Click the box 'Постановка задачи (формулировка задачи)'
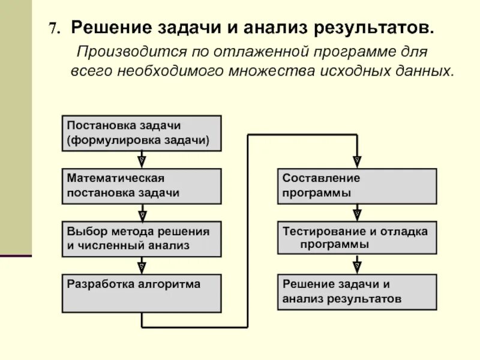coord(142,133)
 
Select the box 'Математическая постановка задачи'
coord(142,186)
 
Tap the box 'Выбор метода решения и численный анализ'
coord(142,239)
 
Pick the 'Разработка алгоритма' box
coord(142,293)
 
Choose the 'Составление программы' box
coord(357,186)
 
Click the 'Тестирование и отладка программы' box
coord(357,239)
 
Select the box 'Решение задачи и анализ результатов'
coord(357,292)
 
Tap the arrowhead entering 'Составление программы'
coord(357,161)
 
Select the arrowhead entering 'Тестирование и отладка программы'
coord(357,214)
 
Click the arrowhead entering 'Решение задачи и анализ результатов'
coord(357,267)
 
